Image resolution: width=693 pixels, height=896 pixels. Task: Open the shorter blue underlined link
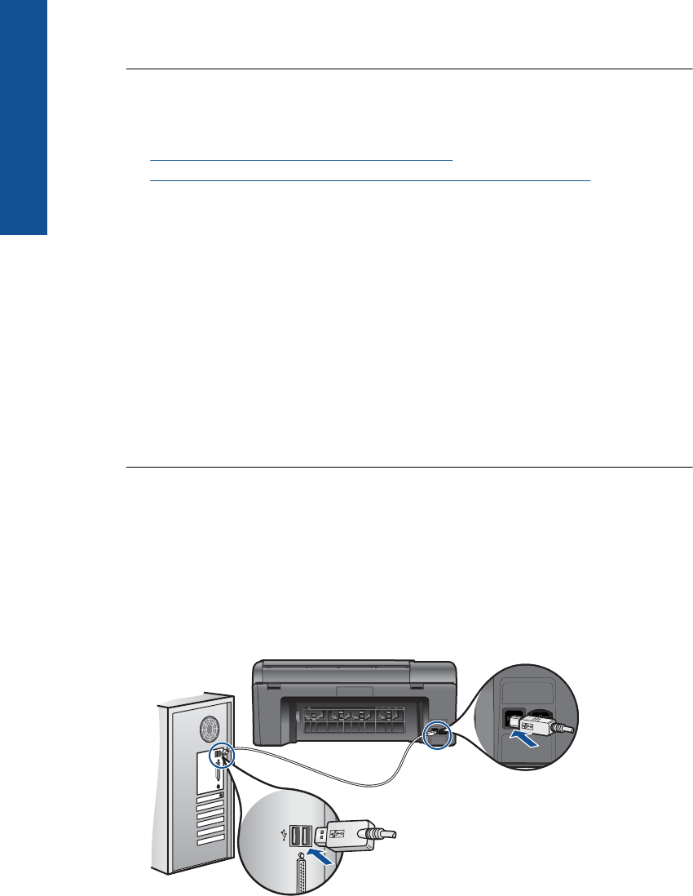[x=301, y=160]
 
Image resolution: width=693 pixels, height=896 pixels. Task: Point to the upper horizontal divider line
[x=408, y=70]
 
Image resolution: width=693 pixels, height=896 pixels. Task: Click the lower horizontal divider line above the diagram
[x=408, y=468]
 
